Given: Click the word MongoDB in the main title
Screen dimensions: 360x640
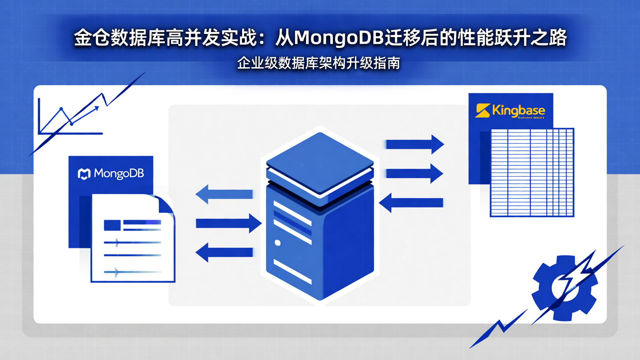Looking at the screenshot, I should click(x=339, y=39).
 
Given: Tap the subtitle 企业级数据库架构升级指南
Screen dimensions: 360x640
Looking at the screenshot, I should click(x=319, y=63).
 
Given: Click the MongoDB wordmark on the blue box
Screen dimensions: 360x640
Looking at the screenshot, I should click(x=118, y=173).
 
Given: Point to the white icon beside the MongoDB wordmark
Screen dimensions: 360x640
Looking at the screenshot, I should click(x=84, y=174).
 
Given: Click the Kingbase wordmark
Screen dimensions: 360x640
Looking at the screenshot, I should click(x=518, y=110).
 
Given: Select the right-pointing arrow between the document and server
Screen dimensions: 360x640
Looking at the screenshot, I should click(x=228, y=223).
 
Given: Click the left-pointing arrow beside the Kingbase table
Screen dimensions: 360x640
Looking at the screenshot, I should click(x=411, y=203).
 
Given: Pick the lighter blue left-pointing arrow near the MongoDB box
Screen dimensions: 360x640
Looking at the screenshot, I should click(x=224, y=194).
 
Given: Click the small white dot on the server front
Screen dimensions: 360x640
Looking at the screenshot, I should click(x=278, y=243).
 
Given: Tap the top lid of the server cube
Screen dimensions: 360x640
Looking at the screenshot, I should click(x=320, y=162).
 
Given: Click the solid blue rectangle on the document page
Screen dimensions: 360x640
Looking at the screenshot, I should click(x=112, y=225).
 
